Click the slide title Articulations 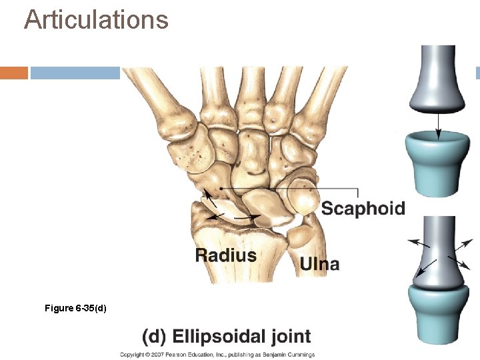pos(96,19)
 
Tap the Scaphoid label pos(363,208)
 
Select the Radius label pos(225,255)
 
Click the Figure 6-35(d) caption pos(75,308)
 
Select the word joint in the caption pos(287,336)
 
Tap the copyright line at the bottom pos(217,355)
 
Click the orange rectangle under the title pos(13,73)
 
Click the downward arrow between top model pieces pos(438,124)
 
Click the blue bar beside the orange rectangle pos(75,73)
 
